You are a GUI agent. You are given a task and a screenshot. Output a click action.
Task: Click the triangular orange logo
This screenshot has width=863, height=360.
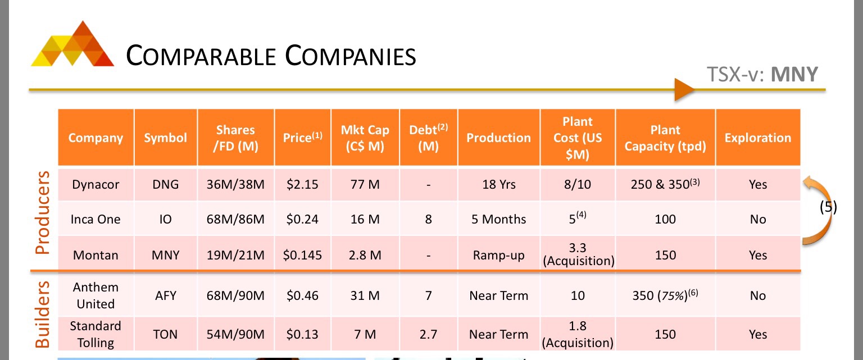tap(72, 45)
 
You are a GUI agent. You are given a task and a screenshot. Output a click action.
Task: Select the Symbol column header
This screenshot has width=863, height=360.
tap(165, 138)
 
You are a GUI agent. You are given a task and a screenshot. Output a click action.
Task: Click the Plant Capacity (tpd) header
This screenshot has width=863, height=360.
tap(665, 138)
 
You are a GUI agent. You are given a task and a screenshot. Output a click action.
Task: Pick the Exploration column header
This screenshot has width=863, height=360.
tap(757, 138)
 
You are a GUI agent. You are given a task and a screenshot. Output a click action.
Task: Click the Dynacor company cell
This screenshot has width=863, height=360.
tap(96, 185)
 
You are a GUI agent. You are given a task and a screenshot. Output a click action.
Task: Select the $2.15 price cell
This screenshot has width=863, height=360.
tap(302, 185)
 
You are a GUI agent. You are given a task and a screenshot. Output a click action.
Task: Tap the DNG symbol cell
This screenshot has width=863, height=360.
tap(165, 185)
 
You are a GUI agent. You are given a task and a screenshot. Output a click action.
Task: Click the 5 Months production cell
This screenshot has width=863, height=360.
tap(498, 219)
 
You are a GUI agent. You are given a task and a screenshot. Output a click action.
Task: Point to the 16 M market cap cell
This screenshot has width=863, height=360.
tap(365, 219)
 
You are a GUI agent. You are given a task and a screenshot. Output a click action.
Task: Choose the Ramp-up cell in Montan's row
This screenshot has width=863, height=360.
tap(498, 256)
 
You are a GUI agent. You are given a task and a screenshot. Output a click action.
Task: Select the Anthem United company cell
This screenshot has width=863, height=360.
tap(96, 295)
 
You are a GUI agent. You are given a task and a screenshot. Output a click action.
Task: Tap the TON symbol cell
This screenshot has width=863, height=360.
tap(165, 335)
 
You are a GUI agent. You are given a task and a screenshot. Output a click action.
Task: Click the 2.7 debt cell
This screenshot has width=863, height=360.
tap(428, 335)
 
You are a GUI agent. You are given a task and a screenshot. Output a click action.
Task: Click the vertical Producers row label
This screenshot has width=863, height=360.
tap(43, 213)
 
